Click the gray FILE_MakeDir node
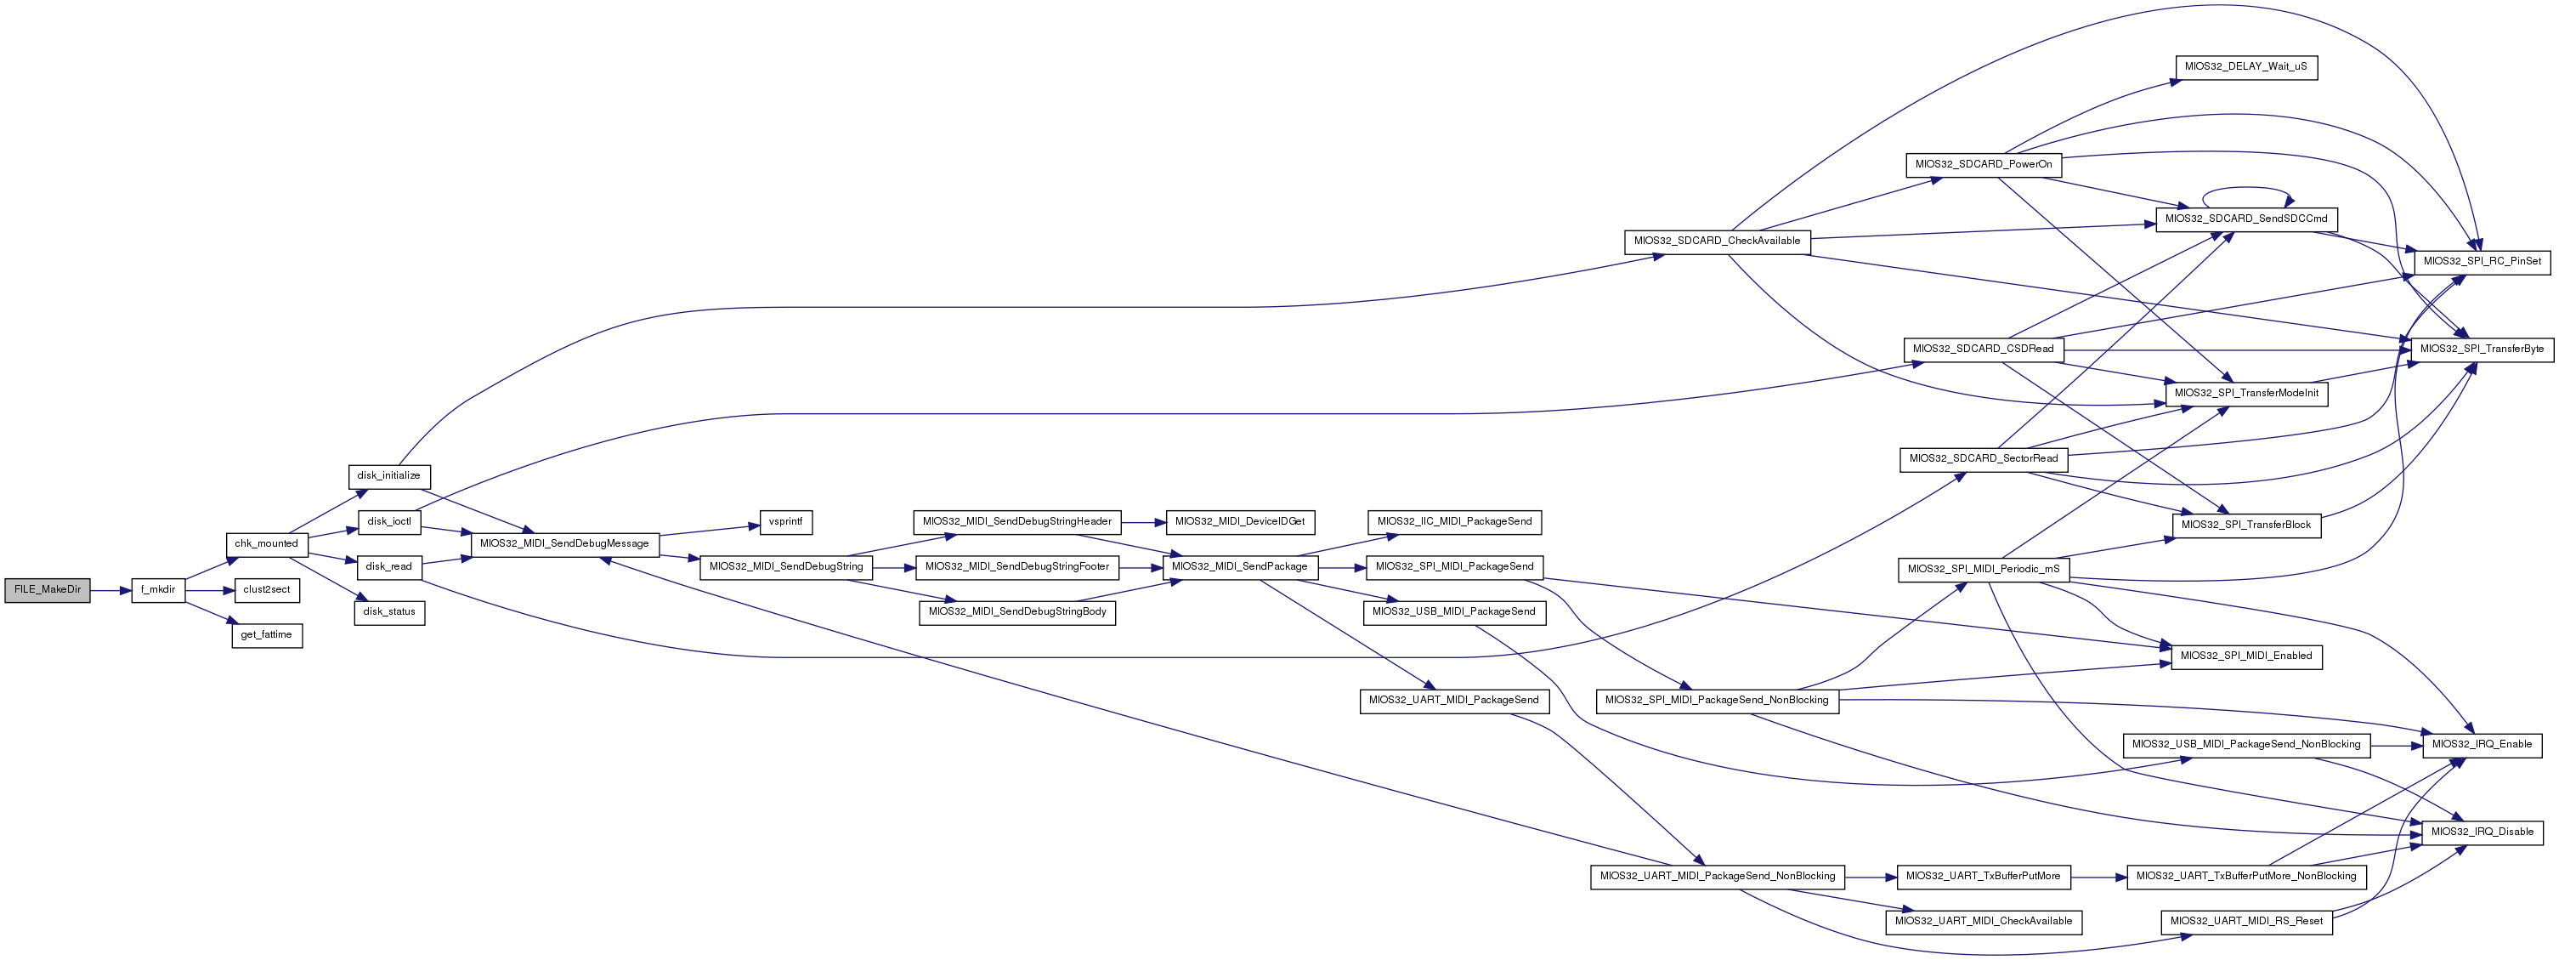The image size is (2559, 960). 48,589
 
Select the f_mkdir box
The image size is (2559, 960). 158,589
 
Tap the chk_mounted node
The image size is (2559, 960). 266,543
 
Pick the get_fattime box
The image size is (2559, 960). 266,635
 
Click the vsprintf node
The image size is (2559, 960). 786,522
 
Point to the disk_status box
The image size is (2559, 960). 389,612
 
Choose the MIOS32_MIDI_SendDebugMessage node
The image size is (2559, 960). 564,543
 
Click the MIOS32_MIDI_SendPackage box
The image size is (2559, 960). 1240,566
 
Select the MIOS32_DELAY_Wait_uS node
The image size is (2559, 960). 2246,67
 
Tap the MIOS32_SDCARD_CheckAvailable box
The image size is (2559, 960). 1717,241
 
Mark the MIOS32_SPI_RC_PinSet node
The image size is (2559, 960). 2482,261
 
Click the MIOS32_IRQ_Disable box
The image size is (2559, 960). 2482,832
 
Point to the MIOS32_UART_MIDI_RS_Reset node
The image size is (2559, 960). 2246,921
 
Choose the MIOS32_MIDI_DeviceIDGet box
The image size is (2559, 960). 1240,522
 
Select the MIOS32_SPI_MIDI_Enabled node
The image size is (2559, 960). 2246,656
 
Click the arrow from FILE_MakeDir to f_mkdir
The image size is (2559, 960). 111,590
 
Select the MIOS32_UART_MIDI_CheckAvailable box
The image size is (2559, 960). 1983,921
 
